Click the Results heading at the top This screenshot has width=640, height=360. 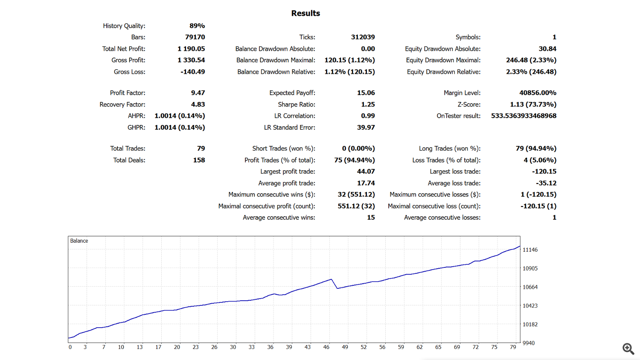pyautogui.click(x=305, y=13)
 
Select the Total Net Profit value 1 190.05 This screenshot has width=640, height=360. pyautogui.click(x=191, y=49)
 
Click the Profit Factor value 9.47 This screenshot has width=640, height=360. pyautogui.click(x=198, y=93)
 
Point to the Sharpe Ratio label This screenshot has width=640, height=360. pyautogui.click(x=297, y=104)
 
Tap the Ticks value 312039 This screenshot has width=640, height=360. pyautogui.click(x=363, y=37)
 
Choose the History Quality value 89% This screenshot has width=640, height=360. pyautogui.click(x=197, y=26)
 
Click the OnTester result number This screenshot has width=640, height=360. pyautogui.click(x=524, y=116)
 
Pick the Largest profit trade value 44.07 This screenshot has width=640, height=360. pyautogui.click(x=366, y=171)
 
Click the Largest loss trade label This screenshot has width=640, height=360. pyautogui.click(x=455, y=171)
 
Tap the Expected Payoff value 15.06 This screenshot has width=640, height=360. pyautogui.click(x=366, y=93)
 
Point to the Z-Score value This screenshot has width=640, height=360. pyautogui.click(x=533, y=104)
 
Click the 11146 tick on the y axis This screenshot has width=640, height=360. pyautogui.click(x=530, y=250)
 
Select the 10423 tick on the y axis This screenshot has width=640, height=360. pyautogui.click(x=530, y=305)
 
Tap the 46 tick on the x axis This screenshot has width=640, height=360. pyautogui.click(x=326, y=347)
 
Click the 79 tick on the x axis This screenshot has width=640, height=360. pyautogui.click(x=513, y=347)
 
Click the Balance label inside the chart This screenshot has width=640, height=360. pyautogui.click(x=79, y=241)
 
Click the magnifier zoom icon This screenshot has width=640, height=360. pyautogui.click(x=628, y=348)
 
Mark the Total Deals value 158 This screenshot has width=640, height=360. pyautogui.click(x=199, y=160)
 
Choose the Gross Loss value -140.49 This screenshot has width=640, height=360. pyautogui.click(x=192, y=72)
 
